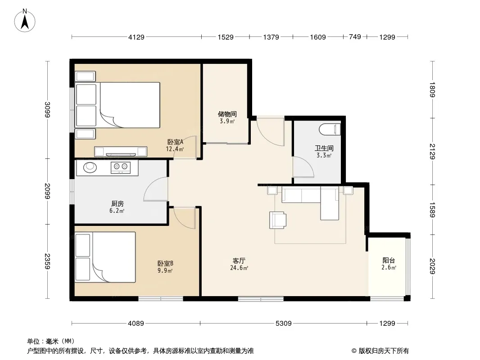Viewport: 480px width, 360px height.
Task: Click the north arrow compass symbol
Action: coord(25,21)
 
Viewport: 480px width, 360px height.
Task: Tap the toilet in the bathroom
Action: coord(330,130)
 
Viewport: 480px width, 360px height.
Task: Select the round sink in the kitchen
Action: coord(90,167)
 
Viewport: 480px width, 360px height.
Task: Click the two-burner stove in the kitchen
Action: coord(121,167)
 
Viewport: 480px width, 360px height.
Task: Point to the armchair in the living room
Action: coord(278,220)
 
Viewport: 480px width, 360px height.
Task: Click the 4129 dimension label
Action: coord(136,37)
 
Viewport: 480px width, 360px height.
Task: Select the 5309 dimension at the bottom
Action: coord(284,323)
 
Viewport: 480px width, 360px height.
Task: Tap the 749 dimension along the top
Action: coord(355,37)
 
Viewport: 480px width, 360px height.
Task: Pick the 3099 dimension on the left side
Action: coord(47,109)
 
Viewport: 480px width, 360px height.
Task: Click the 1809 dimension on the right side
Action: coord(432,90)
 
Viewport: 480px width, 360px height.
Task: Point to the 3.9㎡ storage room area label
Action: coord(227,121)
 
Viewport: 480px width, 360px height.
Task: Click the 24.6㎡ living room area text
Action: coord(239,268)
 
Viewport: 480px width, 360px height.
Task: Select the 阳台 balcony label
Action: coord(389,261)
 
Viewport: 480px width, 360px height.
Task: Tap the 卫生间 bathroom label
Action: coord(324,148)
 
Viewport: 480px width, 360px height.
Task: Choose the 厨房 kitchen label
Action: coord(117,204)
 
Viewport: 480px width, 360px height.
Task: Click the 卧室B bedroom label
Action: coord(165,263)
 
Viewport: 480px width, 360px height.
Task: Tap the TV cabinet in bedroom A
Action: coord(120,151)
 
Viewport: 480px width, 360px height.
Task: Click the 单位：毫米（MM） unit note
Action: coord(51,342)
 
